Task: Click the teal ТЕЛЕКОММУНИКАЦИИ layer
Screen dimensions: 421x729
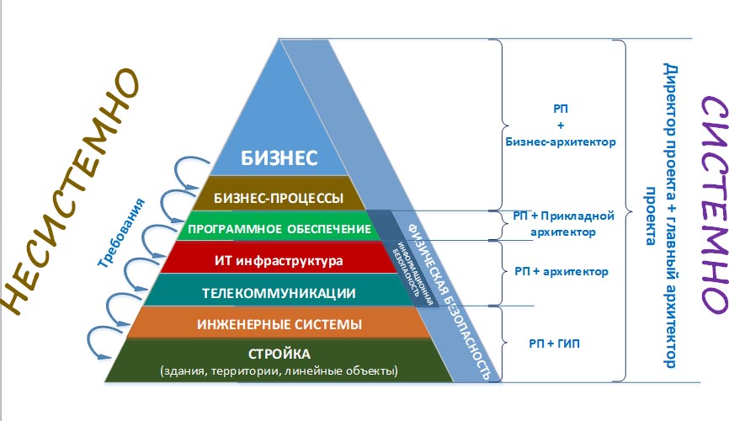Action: click(x=269, y=292)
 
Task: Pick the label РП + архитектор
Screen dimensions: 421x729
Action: click(x=560, y=271)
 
